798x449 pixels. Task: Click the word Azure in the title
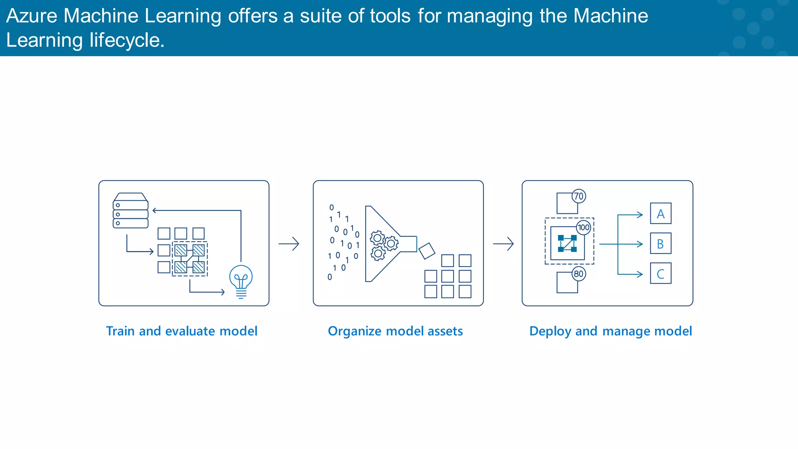pyautogui.click(x=32, y=16)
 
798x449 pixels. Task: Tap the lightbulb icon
pyautogui.click(x=241, y=281)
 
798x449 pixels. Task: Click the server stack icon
pyautogui.click(x=131, y=211)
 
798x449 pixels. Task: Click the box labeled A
pyautogui.click(x=660, y=214)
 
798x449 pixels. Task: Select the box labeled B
pyautogui.click(x=660, y=244)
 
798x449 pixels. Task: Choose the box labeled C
pyautogui.click(x=660, y=274)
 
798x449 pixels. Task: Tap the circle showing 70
pyautogui.click(x=579, y=196)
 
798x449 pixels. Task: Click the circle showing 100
pyautogui.click(x=583, y=228)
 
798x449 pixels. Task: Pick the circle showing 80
pyautogui.click(x=579, y=274)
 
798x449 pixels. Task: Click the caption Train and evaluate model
pyautogui.click(x=182, y=331)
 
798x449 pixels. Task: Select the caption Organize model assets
pyautogui.click(x=395, y=331)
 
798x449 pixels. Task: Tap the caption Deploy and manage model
pyautogui.click(x=611, y=331)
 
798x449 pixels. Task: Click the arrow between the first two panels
pyautogui.click(x=289, y=244)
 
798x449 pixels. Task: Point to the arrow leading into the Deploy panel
pyautogui.click(x=503, y=244)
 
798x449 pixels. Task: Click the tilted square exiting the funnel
pyautogui.click(x=427, y=251)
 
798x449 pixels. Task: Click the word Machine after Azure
pyautogui.click(x=101, y=16)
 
